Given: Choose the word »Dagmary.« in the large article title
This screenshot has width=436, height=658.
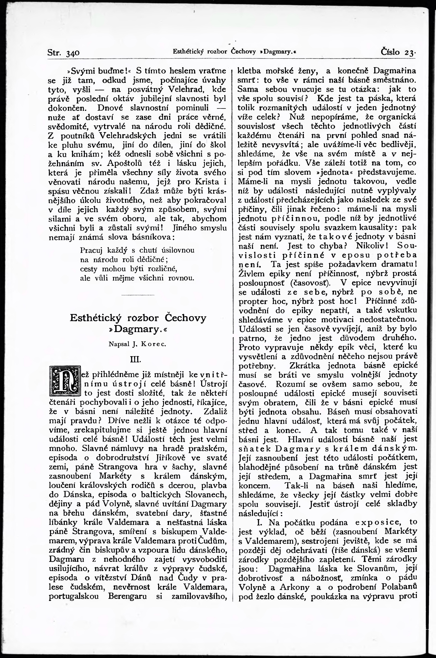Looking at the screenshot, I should [138, 329].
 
